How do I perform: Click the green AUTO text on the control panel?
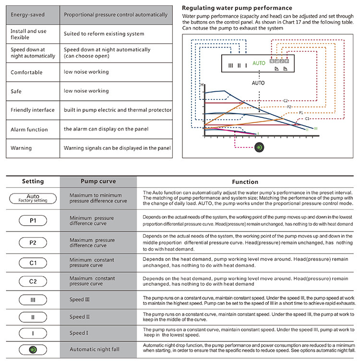259,63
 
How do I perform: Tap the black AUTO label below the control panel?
258,83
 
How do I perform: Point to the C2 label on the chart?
285,100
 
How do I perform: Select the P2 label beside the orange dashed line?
289,107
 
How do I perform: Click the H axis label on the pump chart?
202,85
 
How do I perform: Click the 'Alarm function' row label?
29,129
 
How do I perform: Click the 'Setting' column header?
33,182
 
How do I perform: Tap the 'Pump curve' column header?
89,182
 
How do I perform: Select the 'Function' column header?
245,182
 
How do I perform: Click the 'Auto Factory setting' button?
33,198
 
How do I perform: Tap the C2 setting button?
33,281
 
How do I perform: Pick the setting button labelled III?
33,300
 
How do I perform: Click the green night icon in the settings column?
33,349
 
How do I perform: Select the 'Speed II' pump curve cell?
80,317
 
